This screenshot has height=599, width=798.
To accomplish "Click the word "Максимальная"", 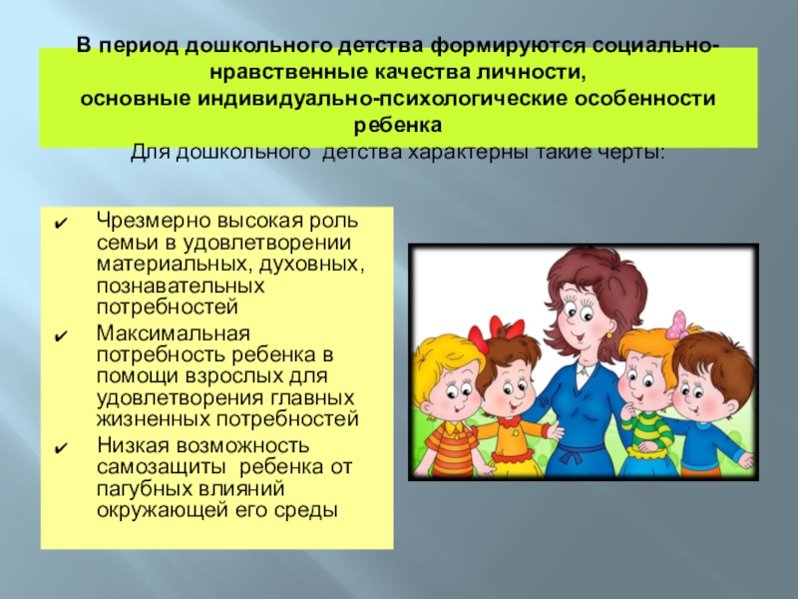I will [x=160, y=331].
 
